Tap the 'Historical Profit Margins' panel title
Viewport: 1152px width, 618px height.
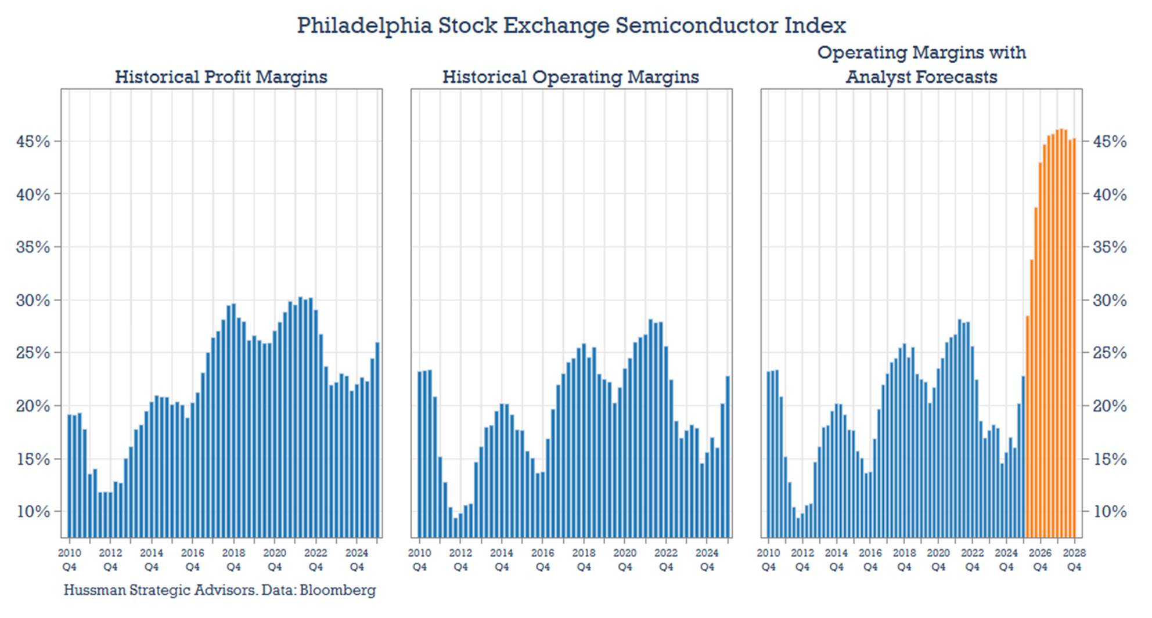click(221, 77)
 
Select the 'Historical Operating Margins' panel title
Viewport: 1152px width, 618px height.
click(570, 77)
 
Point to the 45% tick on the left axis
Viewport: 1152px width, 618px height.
click(33, 142)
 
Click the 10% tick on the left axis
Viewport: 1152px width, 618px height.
click(33, 512)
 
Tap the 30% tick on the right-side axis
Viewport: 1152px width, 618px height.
click(1109, 301)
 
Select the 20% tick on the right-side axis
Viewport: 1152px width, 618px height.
click(1109, 406)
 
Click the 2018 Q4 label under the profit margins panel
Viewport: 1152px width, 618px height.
click(233, 560)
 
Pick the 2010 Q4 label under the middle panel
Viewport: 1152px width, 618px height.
click(419, 560)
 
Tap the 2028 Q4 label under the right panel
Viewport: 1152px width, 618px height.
click(1074, 560)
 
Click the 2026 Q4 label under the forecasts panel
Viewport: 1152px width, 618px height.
click(1040, 560)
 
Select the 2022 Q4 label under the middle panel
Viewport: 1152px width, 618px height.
click(666, 560)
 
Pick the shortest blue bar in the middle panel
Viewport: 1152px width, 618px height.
click(456, 527)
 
